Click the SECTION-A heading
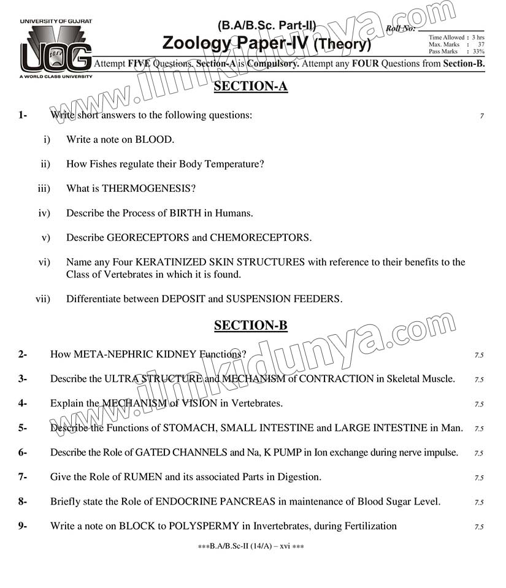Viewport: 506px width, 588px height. (x=250, y=86)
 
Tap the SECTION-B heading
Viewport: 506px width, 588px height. (x=250, y=326)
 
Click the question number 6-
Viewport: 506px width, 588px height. (x=23, y=452)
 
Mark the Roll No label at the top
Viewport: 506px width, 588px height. (x=401, y=28)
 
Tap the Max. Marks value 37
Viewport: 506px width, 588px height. (x=481, y=45)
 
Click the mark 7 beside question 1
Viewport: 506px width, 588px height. (x=482, y=116)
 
